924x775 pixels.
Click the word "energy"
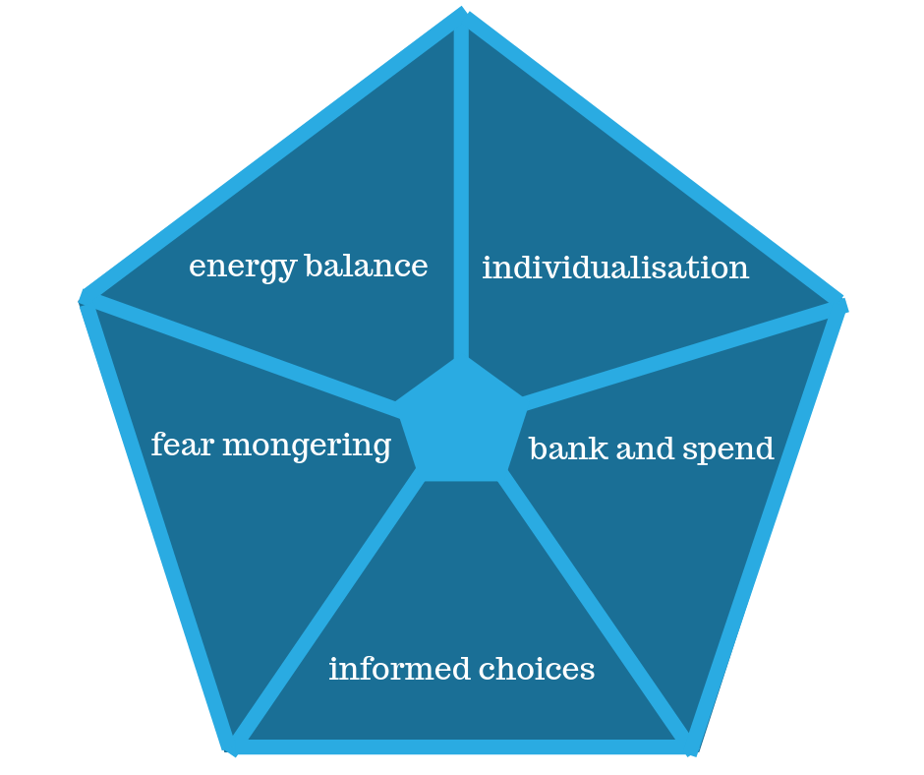pos(242,268)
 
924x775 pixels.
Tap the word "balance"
pos(367,266)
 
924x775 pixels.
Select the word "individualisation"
pos(615,268)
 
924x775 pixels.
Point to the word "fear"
pos(182,444)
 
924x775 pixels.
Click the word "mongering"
pos(307,446)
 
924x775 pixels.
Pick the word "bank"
pos(569,448)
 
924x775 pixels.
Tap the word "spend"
pos(727,450)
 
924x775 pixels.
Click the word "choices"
pos(537,669)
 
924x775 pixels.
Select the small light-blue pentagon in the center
pos(461,424)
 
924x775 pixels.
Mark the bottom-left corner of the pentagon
pos(230,747)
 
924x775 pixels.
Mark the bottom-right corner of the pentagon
pos(692,747)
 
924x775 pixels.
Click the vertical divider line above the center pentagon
pos(461,189)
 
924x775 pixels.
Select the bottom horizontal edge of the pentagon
pos(461,746)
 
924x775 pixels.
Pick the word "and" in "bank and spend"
pos(645,448)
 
